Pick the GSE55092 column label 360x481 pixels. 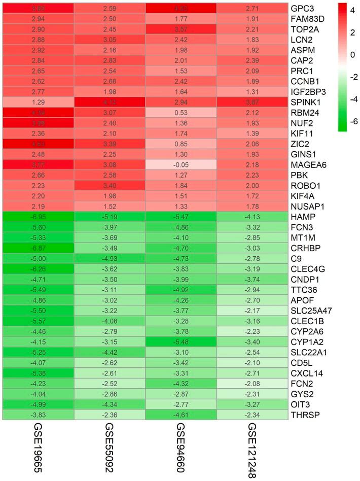(109, 450)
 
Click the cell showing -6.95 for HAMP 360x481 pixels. (38, 217)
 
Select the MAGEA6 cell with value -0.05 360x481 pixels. (181, 164)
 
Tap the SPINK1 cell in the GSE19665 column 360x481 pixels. (38, 102)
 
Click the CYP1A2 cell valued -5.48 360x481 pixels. (181, 341)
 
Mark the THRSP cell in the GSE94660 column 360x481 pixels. (181, 415)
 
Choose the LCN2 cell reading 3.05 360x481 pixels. (109, 40)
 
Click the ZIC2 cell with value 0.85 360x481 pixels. (181, 144)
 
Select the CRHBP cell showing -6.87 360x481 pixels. (38, 248)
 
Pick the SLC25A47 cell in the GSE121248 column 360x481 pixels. (252, 310)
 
